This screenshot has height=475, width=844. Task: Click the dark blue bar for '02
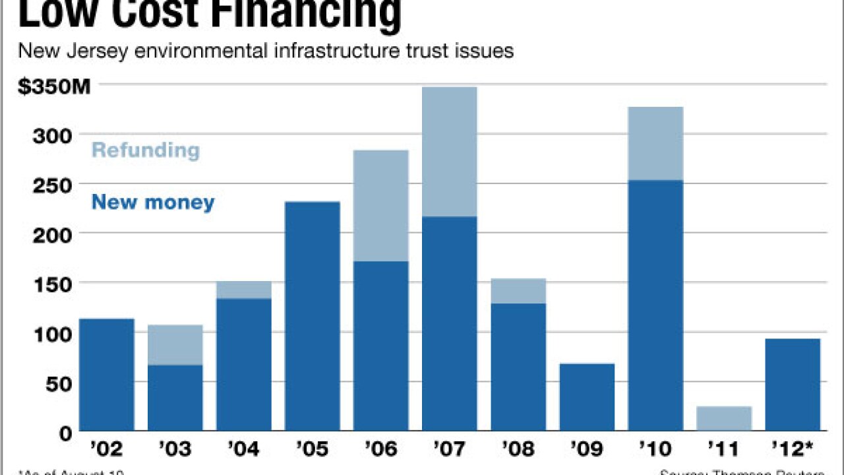106,375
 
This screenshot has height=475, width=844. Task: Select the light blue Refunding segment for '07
449,152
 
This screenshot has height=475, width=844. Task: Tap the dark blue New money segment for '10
655,305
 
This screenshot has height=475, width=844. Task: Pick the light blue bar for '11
724,418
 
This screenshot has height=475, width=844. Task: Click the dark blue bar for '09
587,397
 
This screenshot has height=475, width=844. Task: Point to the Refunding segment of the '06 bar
380,206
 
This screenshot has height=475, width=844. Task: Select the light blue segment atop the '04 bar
243,290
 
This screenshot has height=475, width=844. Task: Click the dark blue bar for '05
312,316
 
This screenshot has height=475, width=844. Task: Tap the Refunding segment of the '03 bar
175,344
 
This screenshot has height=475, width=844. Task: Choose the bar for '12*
793,385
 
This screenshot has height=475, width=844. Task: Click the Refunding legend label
145,150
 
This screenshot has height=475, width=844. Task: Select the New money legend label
153,202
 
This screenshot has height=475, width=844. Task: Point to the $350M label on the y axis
54,87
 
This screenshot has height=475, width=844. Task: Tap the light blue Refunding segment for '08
518,290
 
